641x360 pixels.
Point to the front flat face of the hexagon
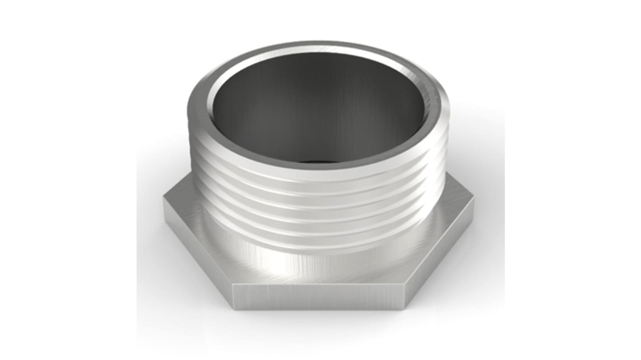318,297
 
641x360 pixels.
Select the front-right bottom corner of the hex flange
403,309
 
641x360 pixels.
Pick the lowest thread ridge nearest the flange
318,244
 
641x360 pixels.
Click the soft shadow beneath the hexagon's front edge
318,316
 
